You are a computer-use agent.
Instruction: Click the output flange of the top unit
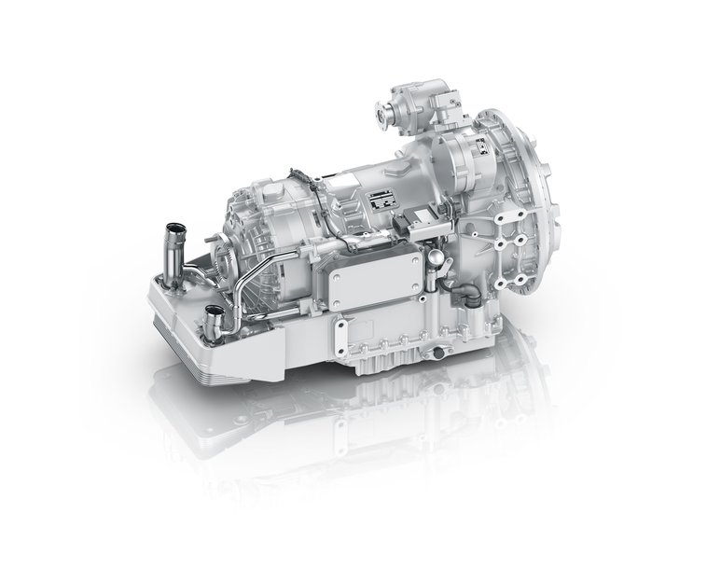381,118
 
